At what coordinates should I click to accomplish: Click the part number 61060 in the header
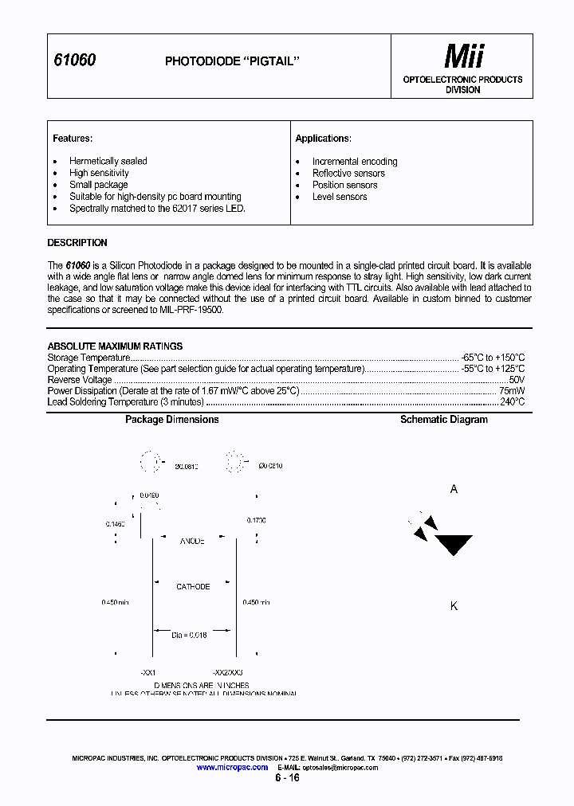coord(74,61)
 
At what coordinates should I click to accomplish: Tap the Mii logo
coord(463,57)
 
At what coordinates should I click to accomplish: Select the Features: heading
coord(73,139)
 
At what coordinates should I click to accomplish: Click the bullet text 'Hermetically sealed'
coord(108,161)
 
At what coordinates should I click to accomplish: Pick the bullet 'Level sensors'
coord(340,197)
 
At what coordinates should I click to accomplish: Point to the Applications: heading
coord(323,139)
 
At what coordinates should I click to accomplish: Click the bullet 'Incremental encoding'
coord(354,161)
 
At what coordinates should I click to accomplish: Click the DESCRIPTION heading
coord(77,243)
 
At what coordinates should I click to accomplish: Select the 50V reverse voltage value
coord(517,380)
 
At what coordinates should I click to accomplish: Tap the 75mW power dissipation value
coord(512,391)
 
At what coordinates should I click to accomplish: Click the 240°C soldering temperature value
coord(512,402)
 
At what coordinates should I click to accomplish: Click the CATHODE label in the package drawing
coord(193,587)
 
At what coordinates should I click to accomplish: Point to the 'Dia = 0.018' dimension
coord(190,635)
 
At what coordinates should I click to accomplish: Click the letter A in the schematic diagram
coord(454,489)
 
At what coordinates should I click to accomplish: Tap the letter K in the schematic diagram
coord(454,606)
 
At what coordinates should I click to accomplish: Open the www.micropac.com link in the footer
coord(232,767)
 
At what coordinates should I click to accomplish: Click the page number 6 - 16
coord(287,778)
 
